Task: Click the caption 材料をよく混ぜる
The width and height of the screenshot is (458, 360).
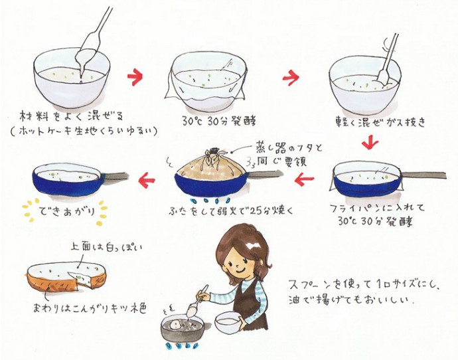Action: pyautogui.click(x=72, y=117)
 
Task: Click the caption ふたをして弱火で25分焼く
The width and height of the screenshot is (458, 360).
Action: pyautogui.click(x=231, y=211)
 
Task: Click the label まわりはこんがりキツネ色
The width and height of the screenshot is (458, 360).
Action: pyautogui.click(x=90, y=308)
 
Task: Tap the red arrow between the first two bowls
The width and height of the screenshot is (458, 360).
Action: pyautogui.click(x=135, y=77)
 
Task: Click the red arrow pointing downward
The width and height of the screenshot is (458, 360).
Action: pyautogui.click(x=370, y=143)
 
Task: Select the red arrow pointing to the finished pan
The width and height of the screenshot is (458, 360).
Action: pyautogui.click(x=147, y=179)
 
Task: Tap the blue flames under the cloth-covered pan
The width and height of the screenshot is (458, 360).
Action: pyautogui.click(x=210, y=201)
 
